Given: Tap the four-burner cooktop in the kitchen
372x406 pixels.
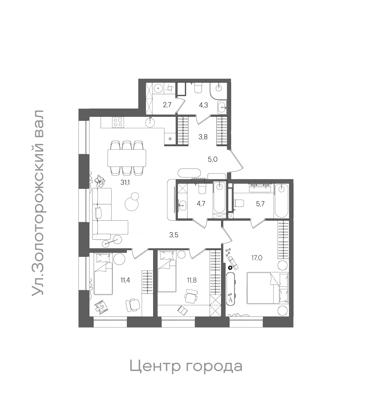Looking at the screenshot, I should click(118, 122).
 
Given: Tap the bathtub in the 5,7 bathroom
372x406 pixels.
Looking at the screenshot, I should click(281, 202).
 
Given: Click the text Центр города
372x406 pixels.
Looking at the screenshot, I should click(186, 366).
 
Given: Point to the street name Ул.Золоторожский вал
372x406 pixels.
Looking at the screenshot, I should click(38, 203).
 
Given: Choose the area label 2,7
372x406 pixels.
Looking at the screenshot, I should click(167, 105).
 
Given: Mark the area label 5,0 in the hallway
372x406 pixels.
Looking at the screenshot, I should click(212, 159).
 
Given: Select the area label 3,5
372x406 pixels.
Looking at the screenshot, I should click(173, 235).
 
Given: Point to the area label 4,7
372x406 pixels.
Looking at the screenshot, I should click(201, 204).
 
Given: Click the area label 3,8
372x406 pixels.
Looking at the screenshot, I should click(203, 137).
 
